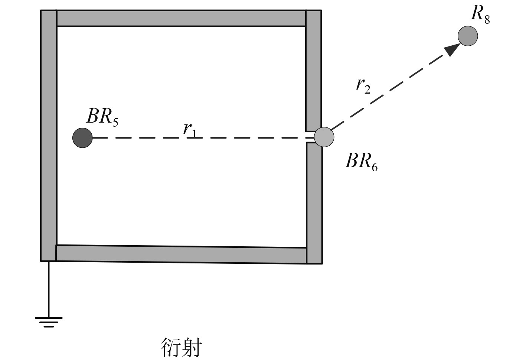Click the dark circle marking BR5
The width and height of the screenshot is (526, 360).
(82, 138)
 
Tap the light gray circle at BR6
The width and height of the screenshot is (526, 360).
(324, 137)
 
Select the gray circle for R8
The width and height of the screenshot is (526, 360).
(467, 36)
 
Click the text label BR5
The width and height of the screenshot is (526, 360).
(102, 117)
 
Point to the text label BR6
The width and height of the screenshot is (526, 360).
(361, 162)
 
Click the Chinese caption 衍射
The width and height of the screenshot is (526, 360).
(182, 347)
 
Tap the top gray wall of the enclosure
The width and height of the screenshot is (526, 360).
(181, 18)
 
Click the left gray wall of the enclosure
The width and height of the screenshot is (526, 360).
(49, 135)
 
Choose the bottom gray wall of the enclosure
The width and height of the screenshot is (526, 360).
(181, 254)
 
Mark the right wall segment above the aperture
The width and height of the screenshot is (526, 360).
(313, 71)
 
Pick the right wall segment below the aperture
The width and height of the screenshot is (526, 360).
(314, 202)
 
